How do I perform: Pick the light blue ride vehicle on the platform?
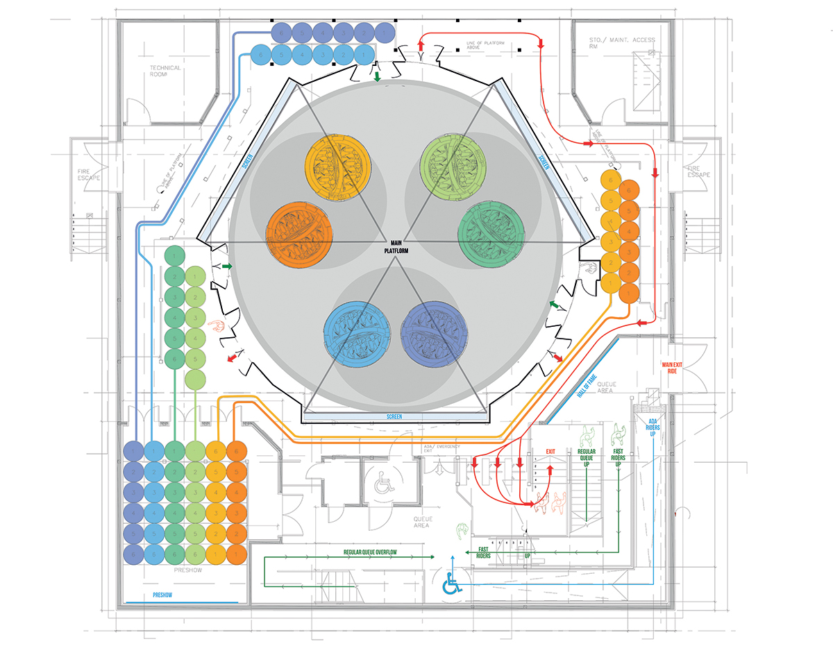click(356, 332)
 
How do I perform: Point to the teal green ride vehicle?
click(489, 232)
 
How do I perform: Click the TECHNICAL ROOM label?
click(165, 71)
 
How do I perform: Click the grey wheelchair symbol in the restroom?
click(382, 484)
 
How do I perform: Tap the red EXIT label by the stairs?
click(550, 452)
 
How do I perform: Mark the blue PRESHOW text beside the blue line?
click(165, 595)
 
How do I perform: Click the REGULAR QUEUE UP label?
click(587, 457)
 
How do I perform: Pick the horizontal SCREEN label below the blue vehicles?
click(394, 416)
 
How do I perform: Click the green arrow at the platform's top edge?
click(377, 76)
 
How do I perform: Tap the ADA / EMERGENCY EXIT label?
click(445, 449)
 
